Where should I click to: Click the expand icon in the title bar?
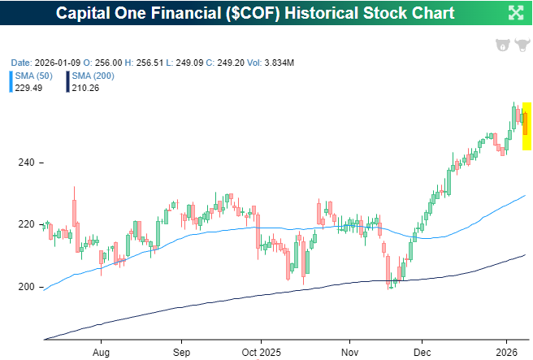coord(515,12)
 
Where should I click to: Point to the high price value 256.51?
coord(149,62)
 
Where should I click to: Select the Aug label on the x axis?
coord(101,352)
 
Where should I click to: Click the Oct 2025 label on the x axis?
coord(261,352)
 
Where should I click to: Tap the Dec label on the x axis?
coord(422,352)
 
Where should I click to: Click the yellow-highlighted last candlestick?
coord(526,126)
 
